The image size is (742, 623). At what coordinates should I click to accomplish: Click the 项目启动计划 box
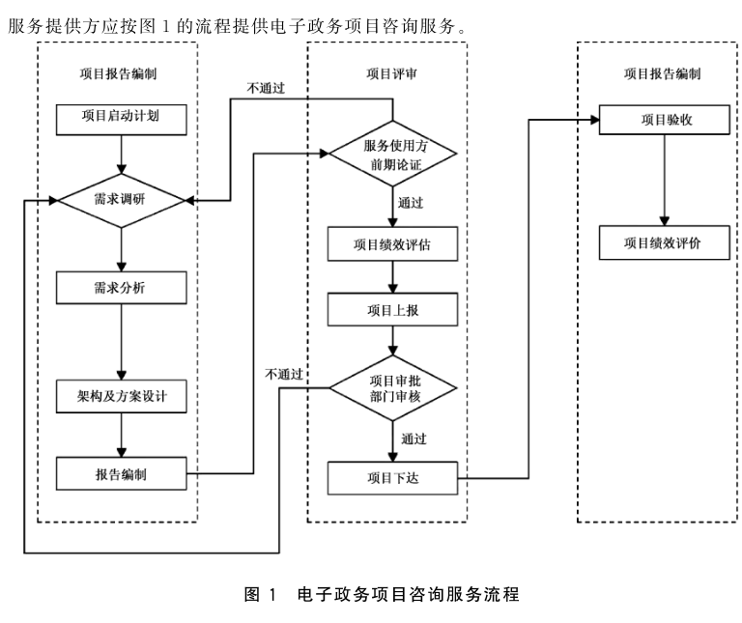(x=120, y=119)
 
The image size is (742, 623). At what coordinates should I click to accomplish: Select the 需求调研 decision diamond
(x=120, y=200)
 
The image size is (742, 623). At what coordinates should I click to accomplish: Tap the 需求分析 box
(x=120, y=287)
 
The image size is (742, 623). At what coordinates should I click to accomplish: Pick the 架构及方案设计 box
(x=120, y=395)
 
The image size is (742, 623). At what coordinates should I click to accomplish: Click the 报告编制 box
(x=120, y=473)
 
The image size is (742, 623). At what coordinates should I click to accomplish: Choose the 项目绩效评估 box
(x=392, y=243)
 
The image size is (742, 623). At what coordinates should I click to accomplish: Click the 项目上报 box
(x=392, y=309)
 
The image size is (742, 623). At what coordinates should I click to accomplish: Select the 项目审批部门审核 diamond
(x=392, y=387)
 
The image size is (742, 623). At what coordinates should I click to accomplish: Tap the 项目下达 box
(x=392, y=476)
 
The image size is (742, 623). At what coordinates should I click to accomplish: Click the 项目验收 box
(x=662, y=120)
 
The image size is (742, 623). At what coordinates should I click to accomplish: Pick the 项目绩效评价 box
(x=662, y=242)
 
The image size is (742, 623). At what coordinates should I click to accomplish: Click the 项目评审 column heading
(x=392, y=72)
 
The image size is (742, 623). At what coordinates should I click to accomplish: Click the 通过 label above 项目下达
(x=414, y=439)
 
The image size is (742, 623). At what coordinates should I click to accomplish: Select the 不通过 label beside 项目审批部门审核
(x=285, y=373)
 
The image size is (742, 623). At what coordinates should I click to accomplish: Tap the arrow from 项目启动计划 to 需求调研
(x=120, y=154)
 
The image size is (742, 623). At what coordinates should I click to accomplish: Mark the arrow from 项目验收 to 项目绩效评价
(x=662, y=179)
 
